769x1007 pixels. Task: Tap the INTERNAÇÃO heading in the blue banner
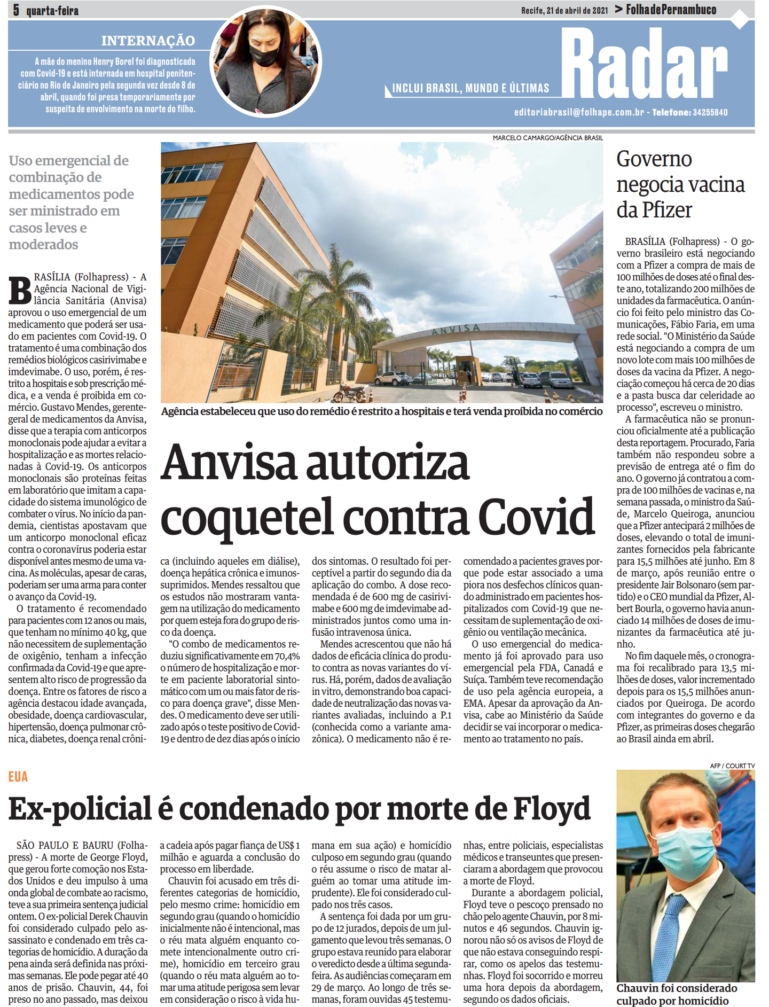[148, 41]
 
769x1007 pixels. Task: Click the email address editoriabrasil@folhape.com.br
[579, 112]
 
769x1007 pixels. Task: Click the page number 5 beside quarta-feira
[17, 10]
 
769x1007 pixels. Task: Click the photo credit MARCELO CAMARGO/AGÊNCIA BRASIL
[547, 138]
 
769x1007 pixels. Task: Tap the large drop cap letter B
[20, 290]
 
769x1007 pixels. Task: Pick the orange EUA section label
[18, 777]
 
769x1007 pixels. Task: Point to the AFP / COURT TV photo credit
[732, 766]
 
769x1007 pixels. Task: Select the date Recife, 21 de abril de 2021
[564, 10]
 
